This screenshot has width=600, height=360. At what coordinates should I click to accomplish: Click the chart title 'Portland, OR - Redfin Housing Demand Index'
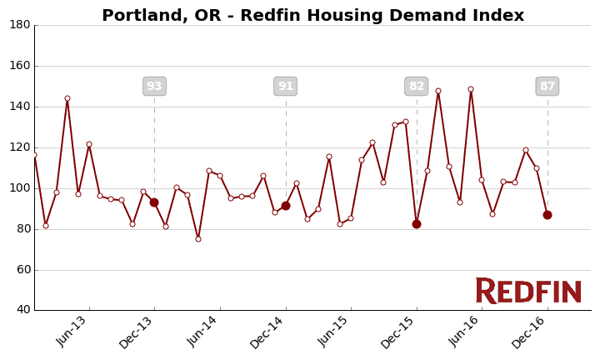coord(312,16)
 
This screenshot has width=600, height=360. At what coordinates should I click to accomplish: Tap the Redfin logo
coord(528,291)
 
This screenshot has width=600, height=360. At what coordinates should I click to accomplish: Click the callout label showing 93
coord(154,87)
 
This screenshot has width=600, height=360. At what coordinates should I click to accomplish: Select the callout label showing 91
coord(286,87)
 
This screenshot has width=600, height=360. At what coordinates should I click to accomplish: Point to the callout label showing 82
coord(417,87)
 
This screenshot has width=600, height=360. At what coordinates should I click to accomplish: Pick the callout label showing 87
coord(547,87)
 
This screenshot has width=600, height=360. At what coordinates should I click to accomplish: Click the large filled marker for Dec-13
coord(154,202)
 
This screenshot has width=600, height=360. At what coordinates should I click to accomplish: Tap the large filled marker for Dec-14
coord(286,206)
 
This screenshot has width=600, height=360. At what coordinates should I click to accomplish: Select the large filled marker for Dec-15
coord(417,224)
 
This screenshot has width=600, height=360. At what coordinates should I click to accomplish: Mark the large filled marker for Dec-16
coord(547,215)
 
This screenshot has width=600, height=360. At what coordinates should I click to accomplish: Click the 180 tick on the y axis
coord(20,25)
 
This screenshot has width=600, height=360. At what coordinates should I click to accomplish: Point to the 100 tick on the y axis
coord(20,188)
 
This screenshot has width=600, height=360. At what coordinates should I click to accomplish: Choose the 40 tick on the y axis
coord(22,310)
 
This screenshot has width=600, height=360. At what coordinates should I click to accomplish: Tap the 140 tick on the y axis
coord(20,107)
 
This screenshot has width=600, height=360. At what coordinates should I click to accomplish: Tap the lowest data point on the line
coord(198,239)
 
